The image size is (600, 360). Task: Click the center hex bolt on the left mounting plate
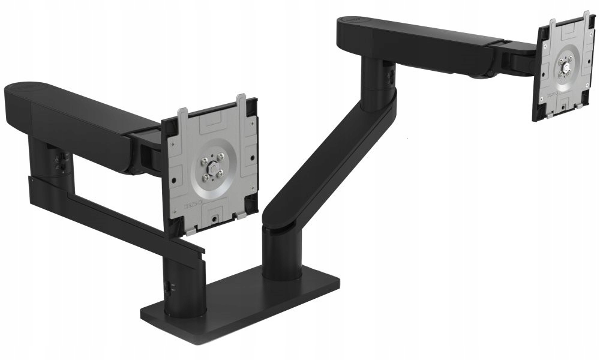click(x=212, y=169)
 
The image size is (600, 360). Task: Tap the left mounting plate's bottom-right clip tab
click(x=241, y=213)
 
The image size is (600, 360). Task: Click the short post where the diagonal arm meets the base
click(x=281, y=252)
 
